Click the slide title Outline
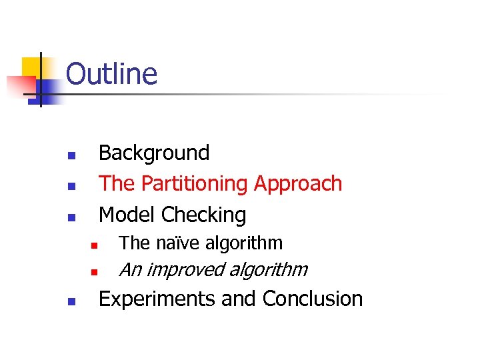pyautogui.click(x=111, y=73)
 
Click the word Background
pyautogui.click(x=154, y=153)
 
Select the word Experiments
pyautogui.click(x=157, y=299)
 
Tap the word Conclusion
pyautogui.click(x=313, y=299)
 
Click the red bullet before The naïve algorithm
pyautogui.click(x=95, y=246)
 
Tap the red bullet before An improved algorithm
pyautogui.click(x=95, y=272)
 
